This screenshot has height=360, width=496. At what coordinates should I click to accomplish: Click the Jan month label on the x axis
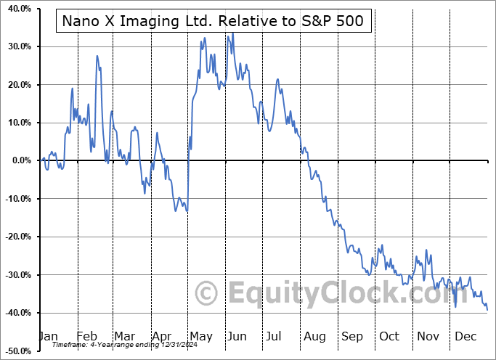coord(47,337)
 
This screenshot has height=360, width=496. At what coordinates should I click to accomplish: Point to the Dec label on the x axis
coord(465,337)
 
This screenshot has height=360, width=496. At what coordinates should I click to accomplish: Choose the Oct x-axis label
coord(389,337)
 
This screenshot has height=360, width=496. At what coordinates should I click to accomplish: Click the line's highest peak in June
coord(232,33)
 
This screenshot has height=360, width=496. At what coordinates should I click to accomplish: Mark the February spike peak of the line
coord(97,55)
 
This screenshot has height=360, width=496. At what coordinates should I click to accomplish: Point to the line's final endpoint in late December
coord(487,310)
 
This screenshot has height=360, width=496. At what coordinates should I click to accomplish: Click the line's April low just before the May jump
coord(187,211)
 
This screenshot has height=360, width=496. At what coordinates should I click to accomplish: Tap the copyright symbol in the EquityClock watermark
coord(208,294)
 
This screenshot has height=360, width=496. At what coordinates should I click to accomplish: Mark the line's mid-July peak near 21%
coord(277,79)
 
